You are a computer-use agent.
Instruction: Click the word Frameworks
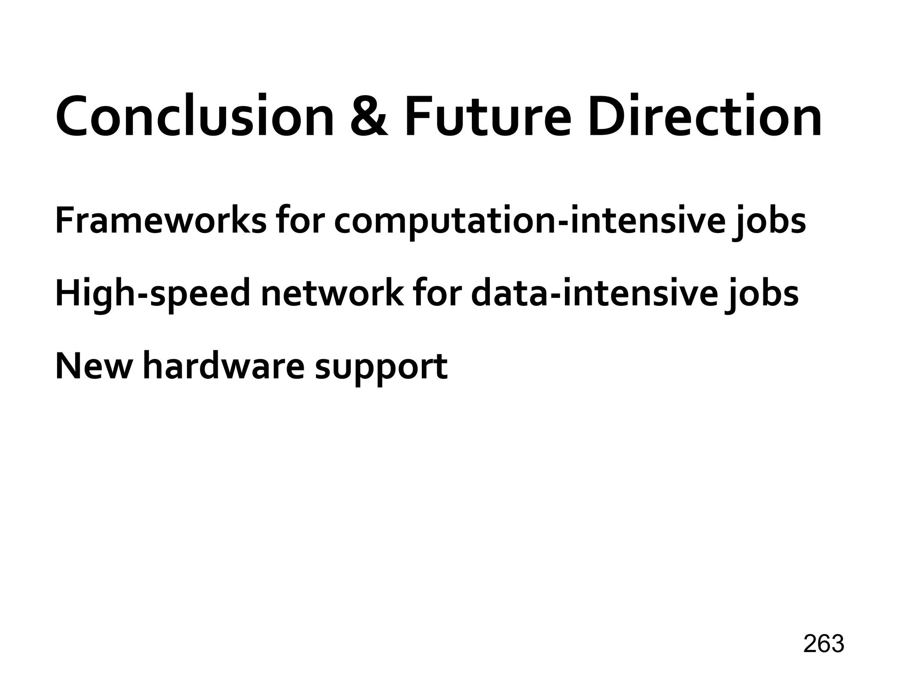(x=160, y=221)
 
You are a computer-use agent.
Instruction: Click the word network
(x=332, y=293)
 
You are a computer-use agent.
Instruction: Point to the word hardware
(x=223, y=366)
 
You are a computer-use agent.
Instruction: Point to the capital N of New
(x=68, y=366)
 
